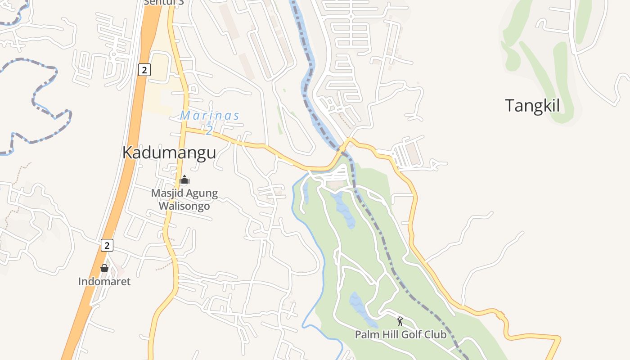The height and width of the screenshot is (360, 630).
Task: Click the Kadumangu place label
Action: [169, 153]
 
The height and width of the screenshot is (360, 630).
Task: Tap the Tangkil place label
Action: [532, 106]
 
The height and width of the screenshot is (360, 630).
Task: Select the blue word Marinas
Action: [210, 116]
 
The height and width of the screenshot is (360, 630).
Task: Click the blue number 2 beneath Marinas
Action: [209, 130]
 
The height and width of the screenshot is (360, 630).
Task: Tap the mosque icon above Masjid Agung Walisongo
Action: [184, 180]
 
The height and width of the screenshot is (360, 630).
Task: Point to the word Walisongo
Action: [184, 206]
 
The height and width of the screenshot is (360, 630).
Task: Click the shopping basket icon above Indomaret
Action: [104, 268]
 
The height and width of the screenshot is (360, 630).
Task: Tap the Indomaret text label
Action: [104, 282]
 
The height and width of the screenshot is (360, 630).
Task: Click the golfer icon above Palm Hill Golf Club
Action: [400, 321]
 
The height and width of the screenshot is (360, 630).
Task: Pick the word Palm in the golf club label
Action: [365, 335]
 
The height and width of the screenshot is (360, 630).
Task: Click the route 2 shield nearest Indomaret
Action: [107, 245]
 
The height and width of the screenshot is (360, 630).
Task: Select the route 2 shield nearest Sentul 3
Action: [144, 70]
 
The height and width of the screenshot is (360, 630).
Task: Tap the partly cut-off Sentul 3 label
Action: [157, 2]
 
